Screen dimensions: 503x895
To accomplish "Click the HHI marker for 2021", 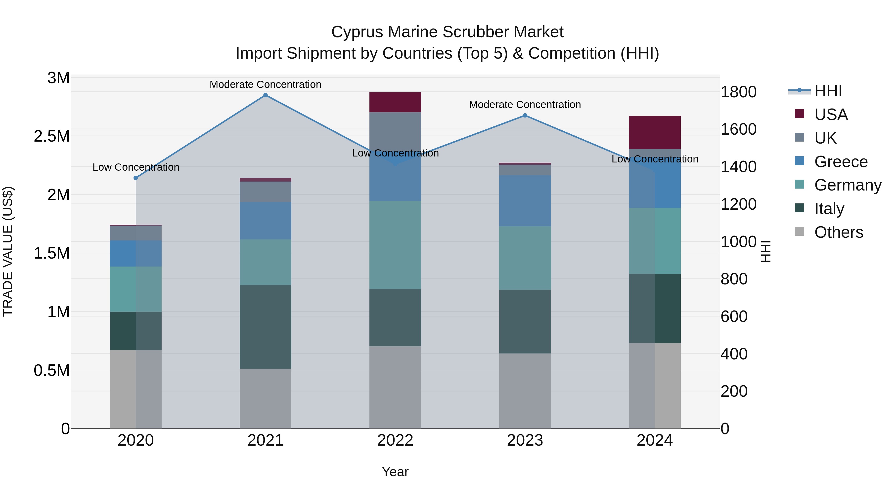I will (266, 95).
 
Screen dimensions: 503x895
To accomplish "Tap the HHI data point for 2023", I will (525, 116).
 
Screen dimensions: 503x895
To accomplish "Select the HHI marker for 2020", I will (136, 178).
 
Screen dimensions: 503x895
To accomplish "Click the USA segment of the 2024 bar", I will (655, 133).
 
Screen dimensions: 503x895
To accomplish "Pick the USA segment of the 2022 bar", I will (395, 102).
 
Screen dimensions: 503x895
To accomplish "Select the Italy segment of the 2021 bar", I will (266, 327).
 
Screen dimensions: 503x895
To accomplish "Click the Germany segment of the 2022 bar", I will (395, 245).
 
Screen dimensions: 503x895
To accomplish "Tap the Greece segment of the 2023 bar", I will (525, 201).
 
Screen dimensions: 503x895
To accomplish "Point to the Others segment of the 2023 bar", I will (525, 391).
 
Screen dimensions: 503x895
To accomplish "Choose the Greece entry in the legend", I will (841, 162).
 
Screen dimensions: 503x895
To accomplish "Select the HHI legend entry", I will (828, 91).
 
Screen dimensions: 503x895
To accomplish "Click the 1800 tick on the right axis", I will (738, 92).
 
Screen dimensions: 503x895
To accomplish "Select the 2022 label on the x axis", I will (395, 440).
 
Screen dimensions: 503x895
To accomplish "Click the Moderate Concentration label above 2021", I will (266, 84).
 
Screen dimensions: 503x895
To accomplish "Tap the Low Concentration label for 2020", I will (136, 167).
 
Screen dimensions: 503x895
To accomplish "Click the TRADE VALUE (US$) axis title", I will (8, 251).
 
